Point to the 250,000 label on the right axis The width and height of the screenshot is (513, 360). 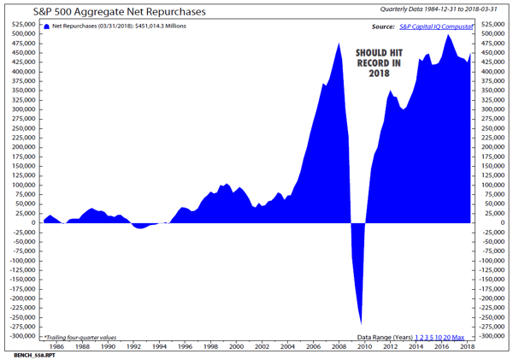(x=495, y=128)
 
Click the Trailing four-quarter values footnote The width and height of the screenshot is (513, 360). (x=84, y=338)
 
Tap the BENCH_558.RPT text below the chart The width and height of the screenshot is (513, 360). (x=32, y=353)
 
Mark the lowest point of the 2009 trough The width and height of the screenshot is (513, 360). (x=361, y=324)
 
